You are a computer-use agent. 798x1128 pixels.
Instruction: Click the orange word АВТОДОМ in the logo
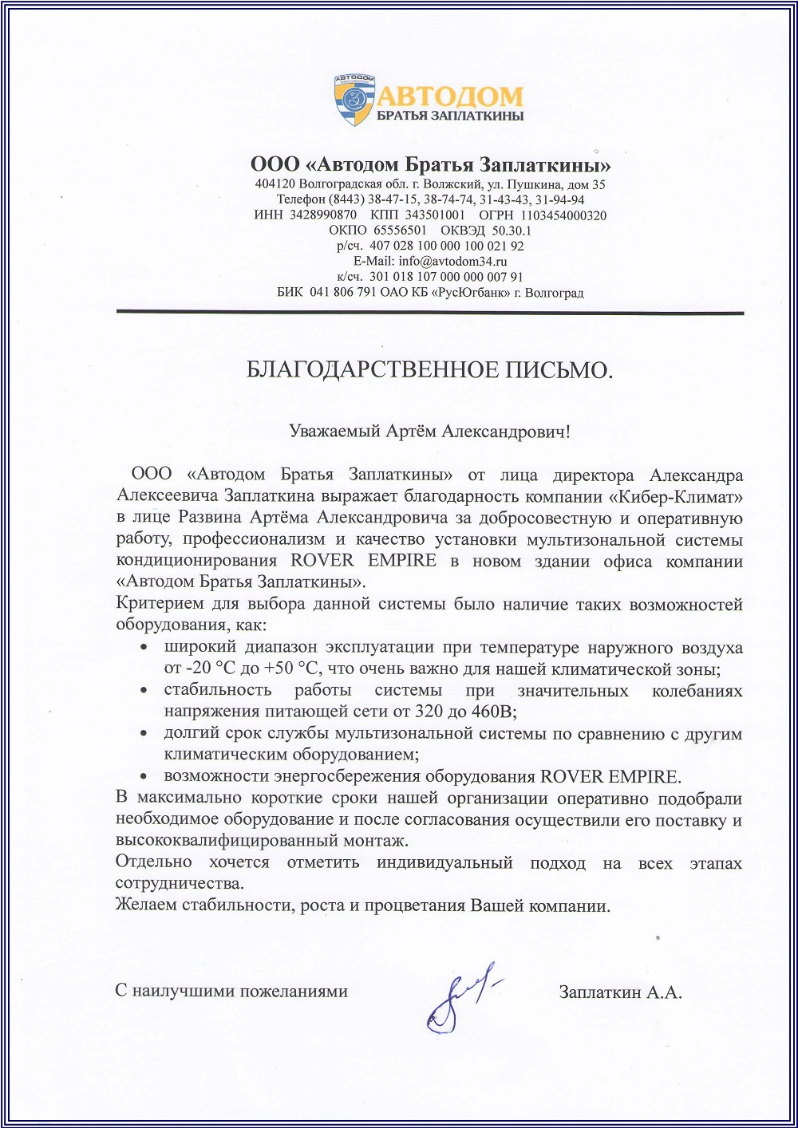coord(450,97)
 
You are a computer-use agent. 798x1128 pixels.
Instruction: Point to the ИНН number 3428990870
coord(323,215)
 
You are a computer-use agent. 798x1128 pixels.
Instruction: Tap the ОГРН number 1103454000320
coord(563,215)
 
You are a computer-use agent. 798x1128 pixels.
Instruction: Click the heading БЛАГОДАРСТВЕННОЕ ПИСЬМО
coord(429,370)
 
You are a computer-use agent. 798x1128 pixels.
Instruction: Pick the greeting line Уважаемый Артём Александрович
coord(429,432)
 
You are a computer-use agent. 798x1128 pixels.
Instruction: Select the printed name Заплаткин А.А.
coord(620,992)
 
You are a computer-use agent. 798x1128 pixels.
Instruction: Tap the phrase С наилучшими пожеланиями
coord(231,992)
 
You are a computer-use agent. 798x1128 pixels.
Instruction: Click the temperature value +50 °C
coord(296,669)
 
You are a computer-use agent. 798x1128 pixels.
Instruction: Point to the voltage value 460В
coord(496,712)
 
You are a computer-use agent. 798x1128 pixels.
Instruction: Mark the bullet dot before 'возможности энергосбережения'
coord(144,776)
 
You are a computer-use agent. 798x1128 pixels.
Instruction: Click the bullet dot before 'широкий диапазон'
coord(144,648)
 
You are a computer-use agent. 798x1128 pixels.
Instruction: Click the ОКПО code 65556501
coord(400,231)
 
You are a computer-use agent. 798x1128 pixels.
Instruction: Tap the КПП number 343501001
coord(435,215)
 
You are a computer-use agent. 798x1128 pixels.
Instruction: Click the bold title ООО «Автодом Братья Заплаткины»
coord(431,165)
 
